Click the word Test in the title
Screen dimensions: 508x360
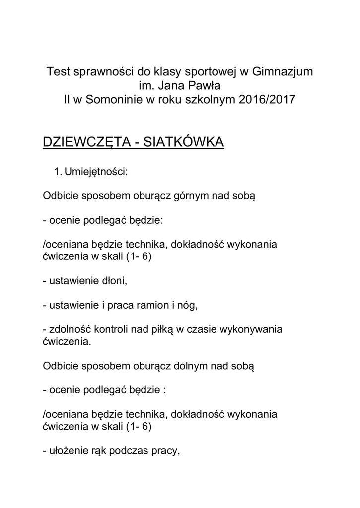(57, 71)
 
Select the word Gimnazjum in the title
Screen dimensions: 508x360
(283, 71)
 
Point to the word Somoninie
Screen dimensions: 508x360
(114, 99)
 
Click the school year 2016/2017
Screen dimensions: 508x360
(267, 99)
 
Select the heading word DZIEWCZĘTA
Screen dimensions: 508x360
(86, 142)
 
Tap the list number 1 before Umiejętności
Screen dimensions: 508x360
(56, 172)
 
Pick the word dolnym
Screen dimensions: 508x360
(191, 366)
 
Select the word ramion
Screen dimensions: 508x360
(150, 305)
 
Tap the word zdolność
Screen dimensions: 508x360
(69, 329)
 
